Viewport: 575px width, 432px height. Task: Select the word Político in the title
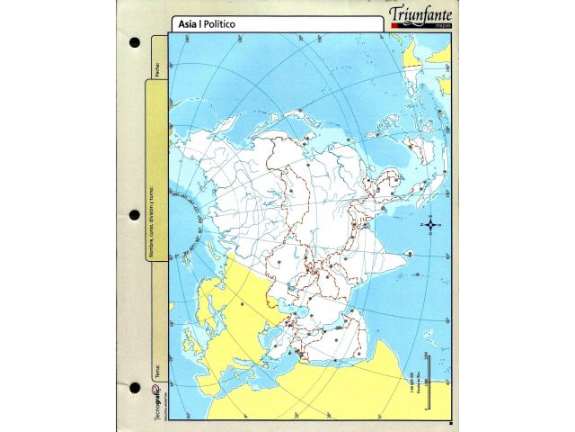tap(218, 24)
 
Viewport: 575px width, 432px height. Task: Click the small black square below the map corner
tap(450, 420)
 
